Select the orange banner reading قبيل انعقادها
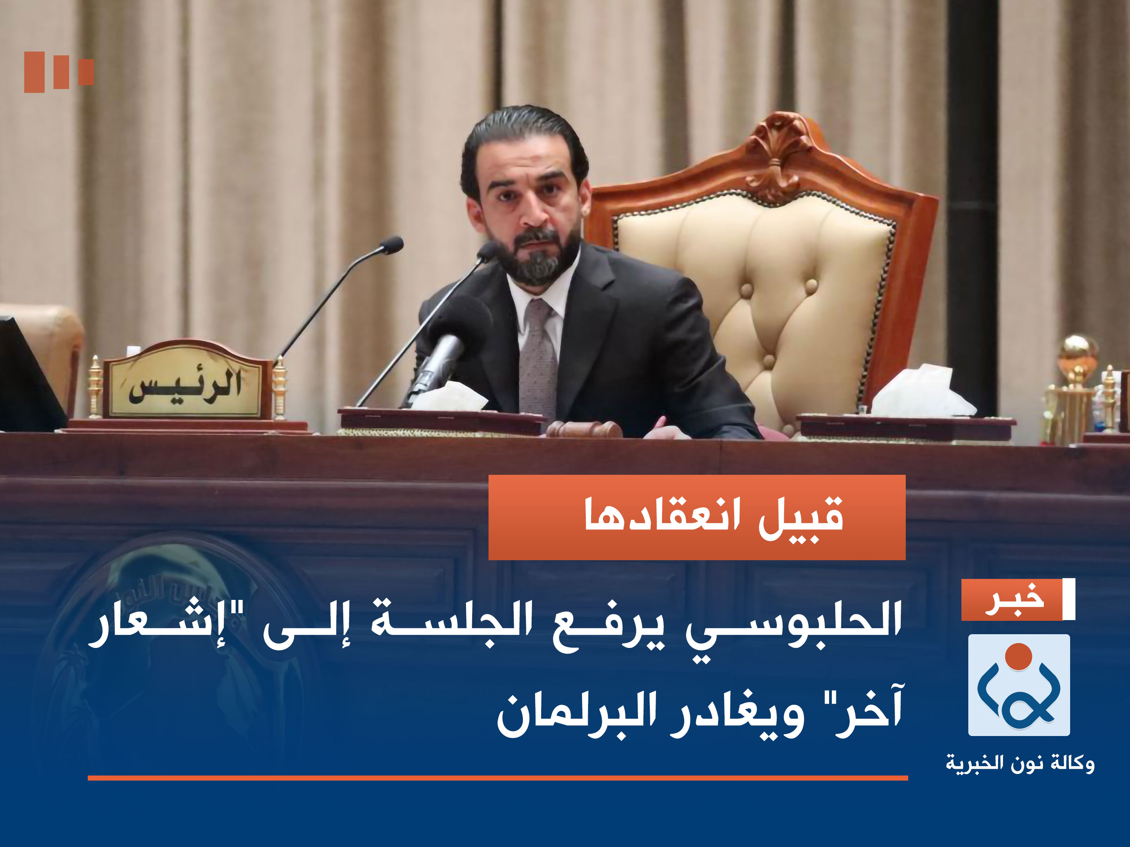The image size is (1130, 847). coord(697,517)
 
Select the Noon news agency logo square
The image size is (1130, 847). coord(1019,685)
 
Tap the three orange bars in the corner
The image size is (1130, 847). coord(59,72)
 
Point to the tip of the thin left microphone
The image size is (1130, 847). coord(392,245)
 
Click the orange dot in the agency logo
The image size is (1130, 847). coord(1019,656)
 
